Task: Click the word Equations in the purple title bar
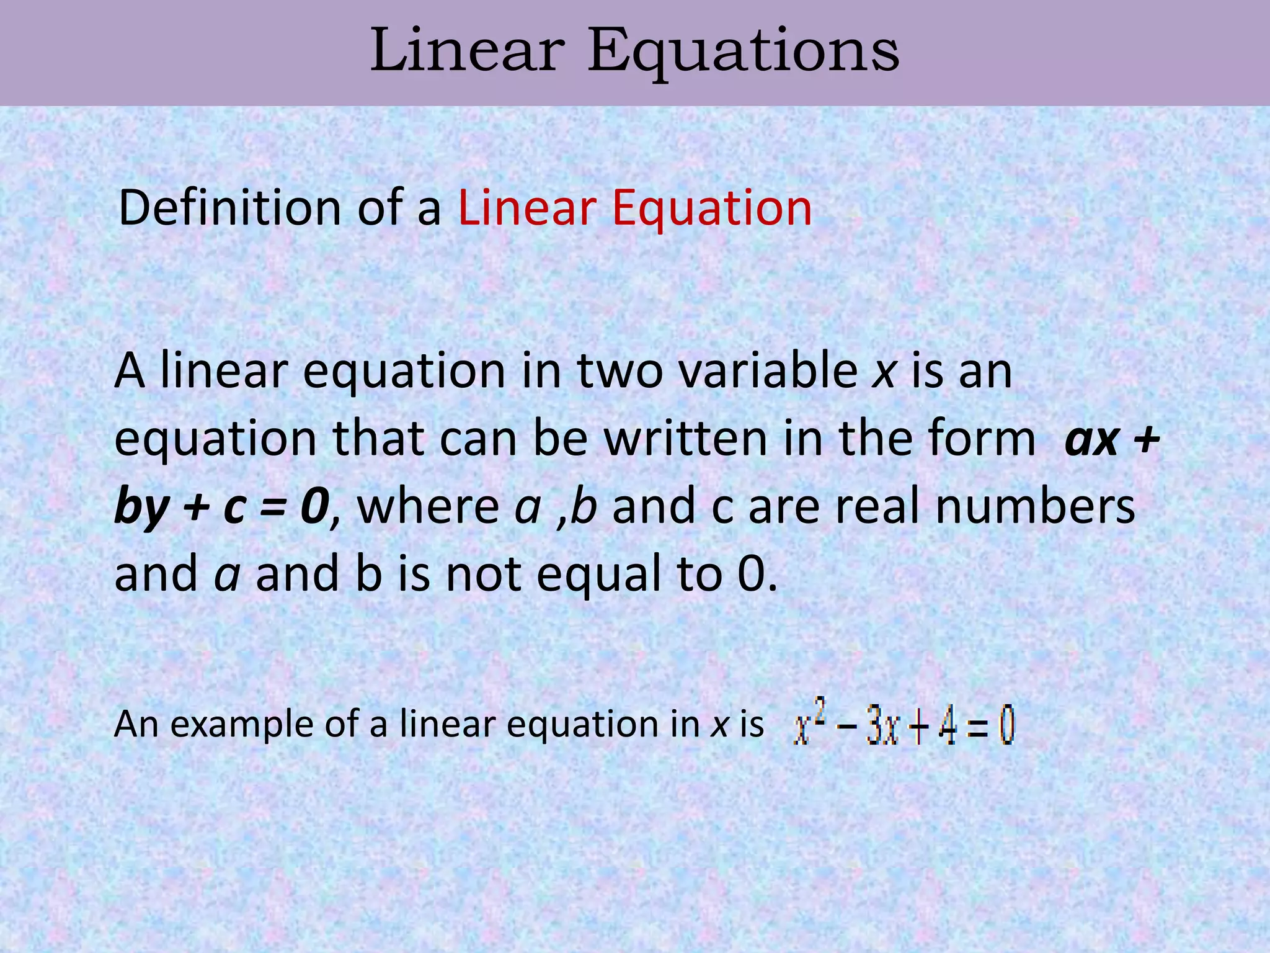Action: pyautogui.click(x=743, y=52)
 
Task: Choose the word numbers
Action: pyautogui.click(x=1035, y=507)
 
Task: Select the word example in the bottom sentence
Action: pyautogui.click(x=241, y=725)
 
